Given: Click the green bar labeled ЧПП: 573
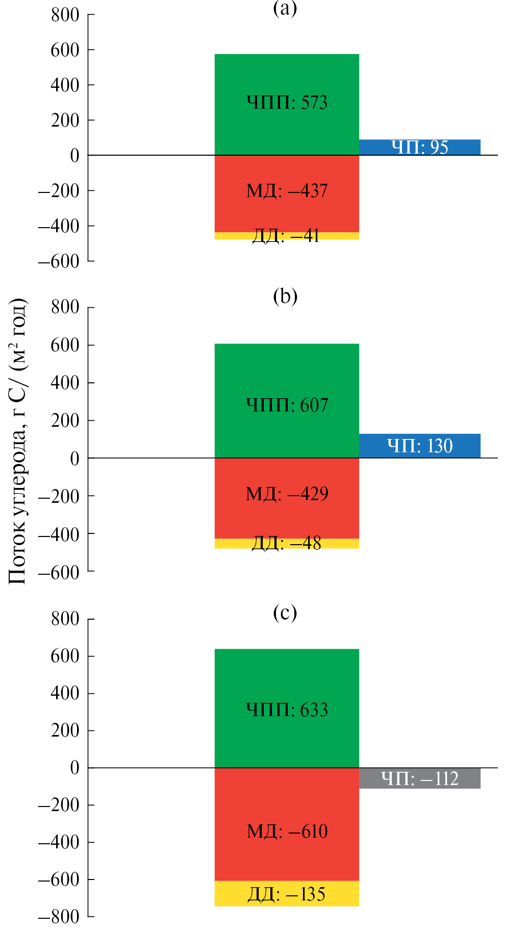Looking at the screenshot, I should pyautogui.click(x=287, y=104).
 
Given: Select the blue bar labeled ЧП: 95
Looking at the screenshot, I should pyautogui.click(x=419, y=147).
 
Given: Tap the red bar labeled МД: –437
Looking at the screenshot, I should pyautogui.click(x=287, y=193).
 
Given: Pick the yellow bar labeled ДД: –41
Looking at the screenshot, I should pyautogui.click(x=287, y=236).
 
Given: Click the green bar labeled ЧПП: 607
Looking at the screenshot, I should pyautogui.click(x=287, y=401).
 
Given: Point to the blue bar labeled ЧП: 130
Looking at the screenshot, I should pyautogui.click(x=419, y=446).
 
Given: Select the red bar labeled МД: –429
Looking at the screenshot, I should pyautogui.click(x=287, y=498).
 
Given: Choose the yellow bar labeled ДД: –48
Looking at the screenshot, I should pyautogui.click(x=287, y=544).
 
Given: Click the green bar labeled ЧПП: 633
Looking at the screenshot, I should pyautogui.click(x=287, y=708).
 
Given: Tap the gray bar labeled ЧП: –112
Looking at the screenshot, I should pyautogui.click(x=419, y=778).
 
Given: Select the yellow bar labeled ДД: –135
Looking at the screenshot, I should pyautogui.click(x=287, y=893).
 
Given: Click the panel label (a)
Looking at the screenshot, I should pyautogui.click(x=285, y=8).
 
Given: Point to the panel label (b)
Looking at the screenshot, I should pyautogui.click(x=285, y=296).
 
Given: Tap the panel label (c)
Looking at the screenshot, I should pyautogui.click(x=285, y=613).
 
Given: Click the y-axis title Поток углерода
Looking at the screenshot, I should pyautogui.click(x=17, y=442).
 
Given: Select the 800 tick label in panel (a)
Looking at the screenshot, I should pyautogui.click(x=65, y=15).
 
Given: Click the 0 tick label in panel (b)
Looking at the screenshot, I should pyautogui.click(x=74, y=458).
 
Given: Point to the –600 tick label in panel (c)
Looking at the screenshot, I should pyautogui.click(x=59, y=879).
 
